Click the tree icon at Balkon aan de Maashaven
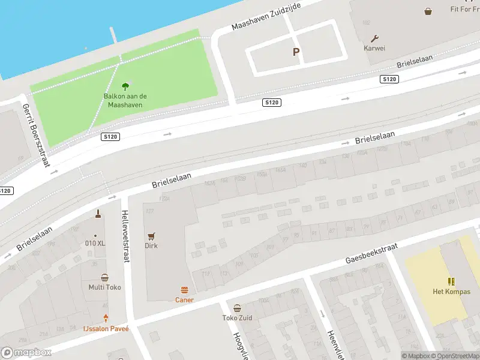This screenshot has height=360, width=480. (125, 86)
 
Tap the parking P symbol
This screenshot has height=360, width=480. (296, 52)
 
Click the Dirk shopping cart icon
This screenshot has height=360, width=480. (151, 236)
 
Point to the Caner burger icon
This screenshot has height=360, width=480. (184, 290)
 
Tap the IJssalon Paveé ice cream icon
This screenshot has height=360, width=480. (106, 319)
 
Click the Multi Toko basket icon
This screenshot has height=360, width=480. (105, 277)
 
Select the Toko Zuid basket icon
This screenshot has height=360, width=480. (237, 308)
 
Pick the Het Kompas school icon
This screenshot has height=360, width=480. (451, 281)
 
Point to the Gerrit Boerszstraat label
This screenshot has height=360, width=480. (35, 134)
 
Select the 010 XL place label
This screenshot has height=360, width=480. (95, 243)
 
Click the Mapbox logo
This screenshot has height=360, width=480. (26, 353)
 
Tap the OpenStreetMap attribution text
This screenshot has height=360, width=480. (455, 356)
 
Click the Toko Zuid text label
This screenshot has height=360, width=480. (237, 318)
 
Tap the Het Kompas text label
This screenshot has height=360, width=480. (452, 292)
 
